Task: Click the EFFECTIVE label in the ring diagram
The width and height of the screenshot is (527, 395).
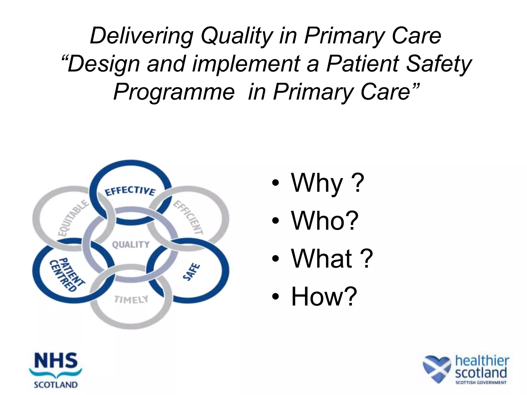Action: [130, 191]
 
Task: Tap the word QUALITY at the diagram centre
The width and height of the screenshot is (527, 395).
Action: [131, 244]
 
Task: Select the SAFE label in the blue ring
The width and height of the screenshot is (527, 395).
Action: [191, 272]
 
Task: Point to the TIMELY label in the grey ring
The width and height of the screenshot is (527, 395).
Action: [131, 299]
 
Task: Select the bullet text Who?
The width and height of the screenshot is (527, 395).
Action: [324, 221]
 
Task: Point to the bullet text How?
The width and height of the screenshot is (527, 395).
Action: [324, 296]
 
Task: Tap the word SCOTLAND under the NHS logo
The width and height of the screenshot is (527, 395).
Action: [56, 385]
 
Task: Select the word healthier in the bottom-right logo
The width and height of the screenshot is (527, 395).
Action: [482, 361]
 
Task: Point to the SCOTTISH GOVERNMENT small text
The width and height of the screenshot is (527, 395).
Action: [481, 382]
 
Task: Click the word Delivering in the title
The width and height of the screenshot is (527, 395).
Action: [141, 36]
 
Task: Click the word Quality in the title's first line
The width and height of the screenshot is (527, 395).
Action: [236, 36]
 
